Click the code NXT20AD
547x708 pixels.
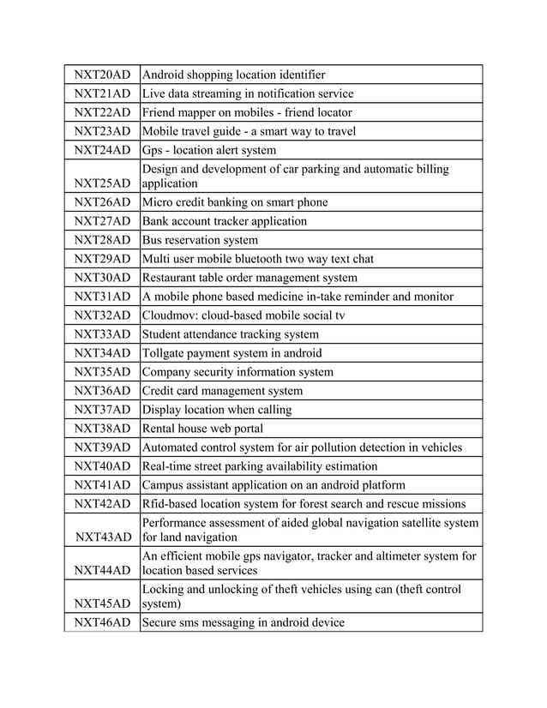point(101,75)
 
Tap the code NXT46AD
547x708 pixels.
point(101,622)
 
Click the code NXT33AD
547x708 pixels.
point(101,334)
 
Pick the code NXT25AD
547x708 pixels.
point(101,183)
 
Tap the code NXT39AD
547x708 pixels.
point(101,447)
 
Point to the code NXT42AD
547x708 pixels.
point(101,504)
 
